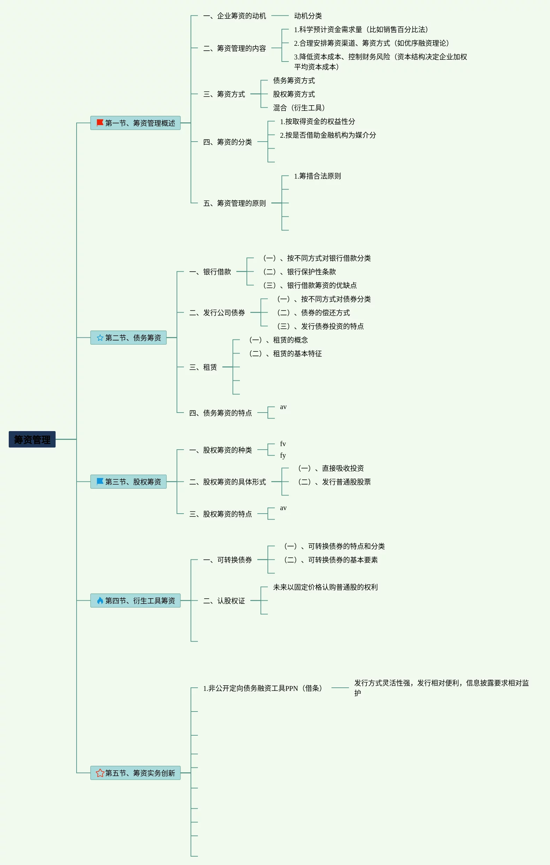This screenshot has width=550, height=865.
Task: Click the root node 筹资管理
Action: pyautogui.click(x=32, y=439)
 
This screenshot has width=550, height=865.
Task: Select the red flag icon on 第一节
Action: pyautogui.click(x=100, y=123)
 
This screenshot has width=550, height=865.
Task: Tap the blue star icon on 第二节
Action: pyautogui.click(x=100, y=338)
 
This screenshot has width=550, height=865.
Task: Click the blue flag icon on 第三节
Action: pyautogui.click(x=100, y=481)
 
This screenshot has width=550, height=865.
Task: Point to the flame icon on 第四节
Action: pyautogui.click(x=100, y=600)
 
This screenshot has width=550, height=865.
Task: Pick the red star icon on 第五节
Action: pyautogui.click(x=100, y=773)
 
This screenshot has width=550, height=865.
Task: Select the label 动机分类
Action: pyautogui.click(x=307, y=16)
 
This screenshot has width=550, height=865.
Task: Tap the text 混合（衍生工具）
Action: pyautogui.click(x=299, y=108)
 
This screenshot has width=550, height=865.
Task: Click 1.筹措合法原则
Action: pyautogui.click(x=317, y=176)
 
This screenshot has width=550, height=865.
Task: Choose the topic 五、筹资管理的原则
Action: pyautogui.click(x=234, y=203)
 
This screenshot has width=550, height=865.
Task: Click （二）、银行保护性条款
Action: pyautogui.click(x=299, y=272)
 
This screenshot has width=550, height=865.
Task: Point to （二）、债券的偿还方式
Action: pyautogui.click(x=313, y=313)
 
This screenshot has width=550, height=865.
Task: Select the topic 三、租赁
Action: pyautogui.click(x=203, y=367)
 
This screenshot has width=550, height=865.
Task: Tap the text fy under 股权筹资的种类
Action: pyautogui.click(x=283, y=456)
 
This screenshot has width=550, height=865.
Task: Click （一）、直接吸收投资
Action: pyautogui.click(x=330, y=468)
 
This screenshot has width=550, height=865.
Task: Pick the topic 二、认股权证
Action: pyautogui.click(x=224, y=601)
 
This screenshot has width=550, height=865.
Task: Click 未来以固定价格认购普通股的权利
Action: pyautogui.click(x=325, y=587)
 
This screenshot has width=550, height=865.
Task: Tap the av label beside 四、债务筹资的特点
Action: pyautogui.click(x=283, y=407)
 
